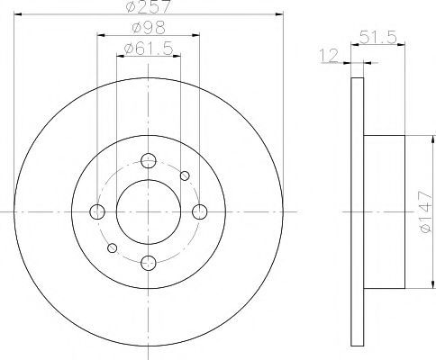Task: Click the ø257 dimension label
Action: (149, 6)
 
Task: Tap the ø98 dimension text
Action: (149, 28)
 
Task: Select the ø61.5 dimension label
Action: (149, 48)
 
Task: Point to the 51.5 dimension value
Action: (378, 37)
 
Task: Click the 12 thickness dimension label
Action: (329, 56)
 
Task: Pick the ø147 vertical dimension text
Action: (426, 211)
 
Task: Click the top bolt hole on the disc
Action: (149, 160)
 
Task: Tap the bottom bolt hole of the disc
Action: (149, 263)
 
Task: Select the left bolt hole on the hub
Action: (97, 211)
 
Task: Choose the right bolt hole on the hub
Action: (200, 211)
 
